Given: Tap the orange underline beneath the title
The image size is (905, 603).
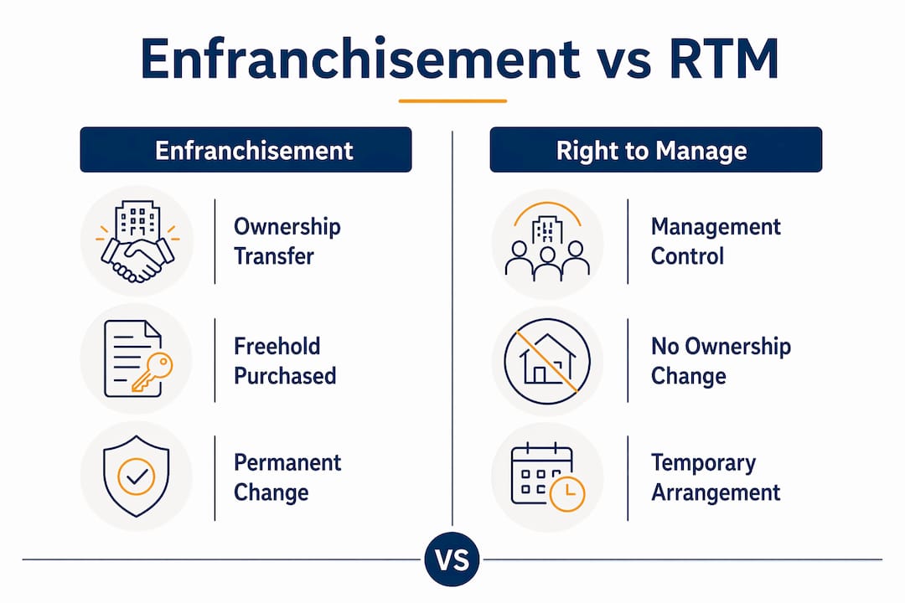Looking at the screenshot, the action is coord(452,101).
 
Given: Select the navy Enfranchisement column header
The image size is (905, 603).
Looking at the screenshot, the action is coord(246,149).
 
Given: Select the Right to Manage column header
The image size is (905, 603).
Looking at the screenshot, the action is coord(655,149).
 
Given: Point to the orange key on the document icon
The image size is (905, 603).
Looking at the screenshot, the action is coord(153,372).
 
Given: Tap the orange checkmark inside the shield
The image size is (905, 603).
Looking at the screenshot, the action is coord(137,476).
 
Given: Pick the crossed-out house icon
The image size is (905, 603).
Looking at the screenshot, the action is coord(547,361).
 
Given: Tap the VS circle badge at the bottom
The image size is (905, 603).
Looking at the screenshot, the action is coord(452,559).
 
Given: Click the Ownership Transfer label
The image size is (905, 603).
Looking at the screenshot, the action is coord(287,241).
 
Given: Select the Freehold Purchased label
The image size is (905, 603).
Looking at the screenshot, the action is coord(285,361).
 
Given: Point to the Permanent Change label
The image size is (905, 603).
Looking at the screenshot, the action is coord(287,477).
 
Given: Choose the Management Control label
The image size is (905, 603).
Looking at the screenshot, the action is coord(716,241).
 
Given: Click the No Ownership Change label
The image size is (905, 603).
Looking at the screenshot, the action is coord(721,361).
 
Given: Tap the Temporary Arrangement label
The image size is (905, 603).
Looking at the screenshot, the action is coord(716,477).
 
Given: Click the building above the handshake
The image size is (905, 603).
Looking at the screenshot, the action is coord(137,220).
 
